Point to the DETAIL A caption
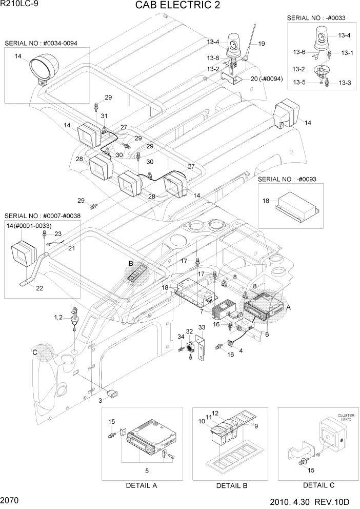(x=141, y=485)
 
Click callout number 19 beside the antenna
(x=262, y=44)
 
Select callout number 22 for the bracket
(x=39, y=288)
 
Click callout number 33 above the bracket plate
(x=202, y=328)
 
